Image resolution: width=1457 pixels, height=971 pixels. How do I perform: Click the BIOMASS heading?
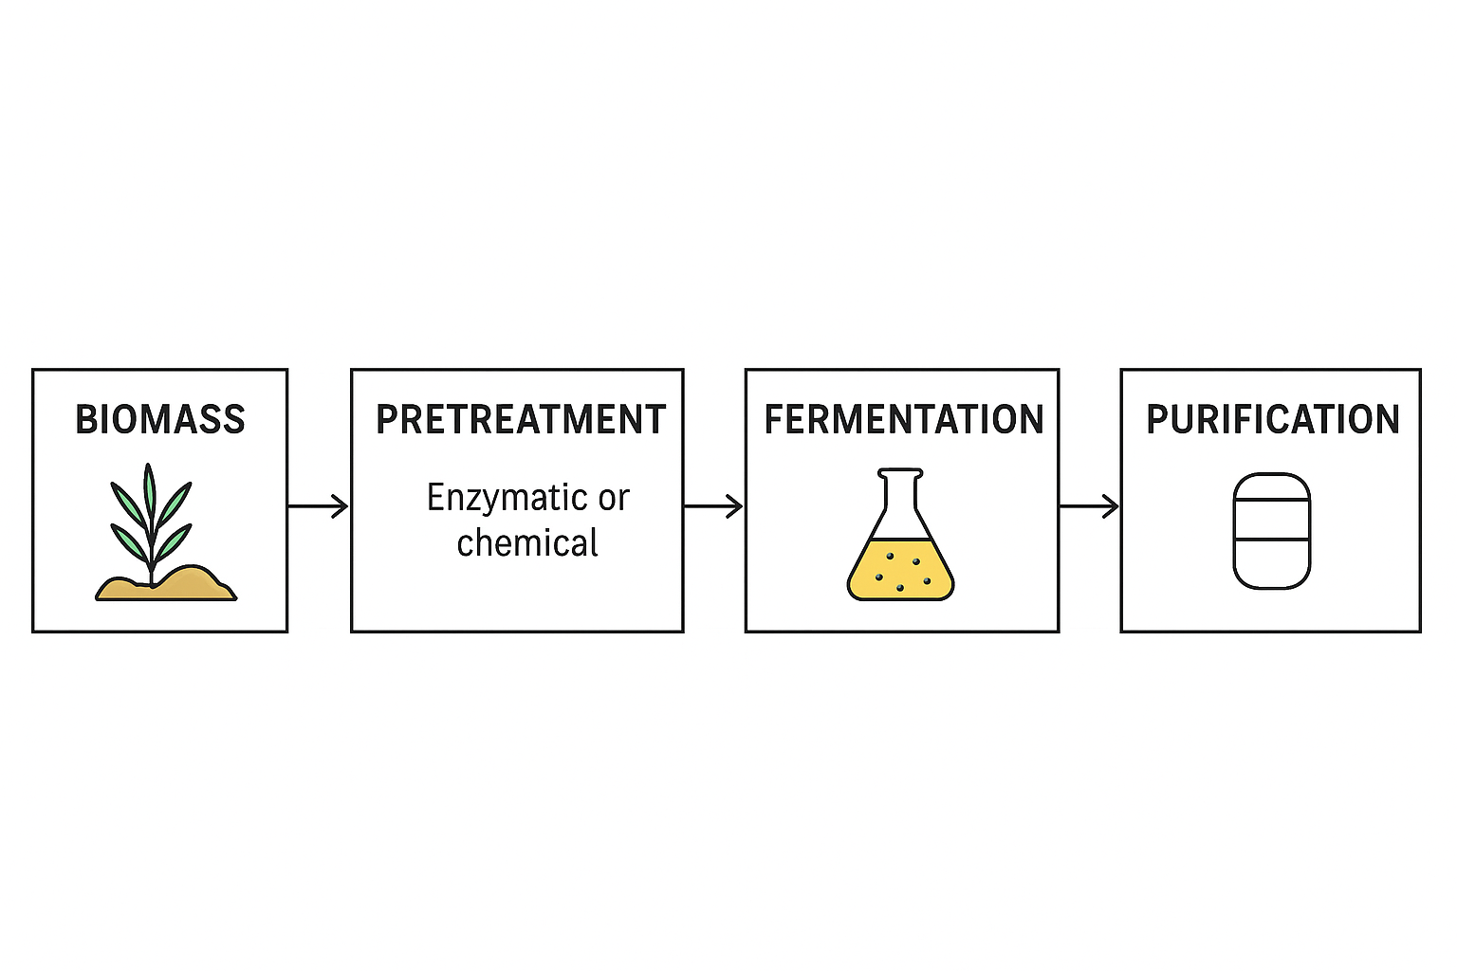tap(159, 420)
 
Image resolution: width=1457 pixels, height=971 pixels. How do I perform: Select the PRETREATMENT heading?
tap(521, 420)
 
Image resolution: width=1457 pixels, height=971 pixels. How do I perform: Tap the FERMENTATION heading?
tap(904, 420)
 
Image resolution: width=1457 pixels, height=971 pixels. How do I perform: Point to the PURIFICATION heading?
tap(1273, 420)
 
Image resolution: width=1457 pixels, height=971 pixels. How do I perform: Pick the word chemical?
tap(527, 543)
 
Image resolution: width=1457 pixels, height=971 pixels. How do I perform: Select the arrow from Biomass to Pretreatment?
tap(319, 506)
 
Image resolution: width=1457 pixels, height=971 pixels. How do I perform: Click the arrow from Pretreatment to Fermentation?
tap(713, 506)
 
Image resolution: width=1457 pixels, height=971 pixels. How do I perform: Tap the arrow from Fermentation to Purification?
tap(1089, 506)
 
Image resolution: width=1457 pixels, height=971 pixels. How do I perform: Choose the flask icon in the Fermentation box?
tap(900, 535)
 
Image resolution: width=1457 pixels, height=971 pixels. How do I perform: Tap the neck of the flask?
tap(900, 493)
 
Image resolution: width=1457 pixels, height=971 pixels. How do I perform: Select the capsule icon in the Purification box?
tap(1271, 531)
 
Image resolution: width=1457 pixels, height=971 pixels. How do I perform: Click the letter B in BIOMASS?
tap(85, 420)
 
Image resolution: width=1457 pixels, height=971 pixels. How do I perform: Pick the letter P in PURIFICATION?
tap(1157, 420)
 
